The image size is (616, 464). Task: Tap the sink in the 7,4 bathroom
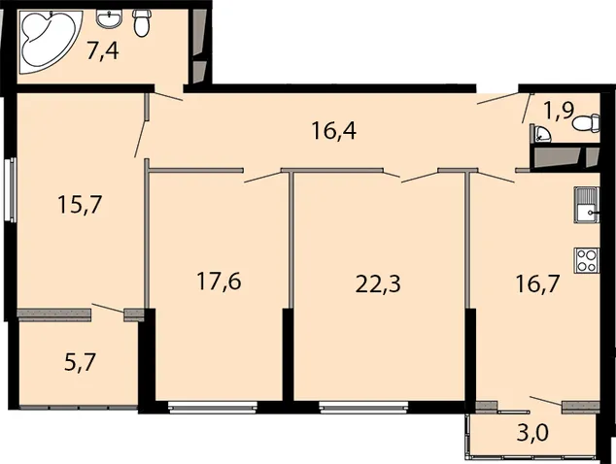click(x=109, y=18)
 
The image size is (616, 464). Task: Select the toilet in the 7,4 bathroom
click(x=141, y=23)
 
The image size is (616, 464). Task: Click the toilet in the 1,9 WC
click(x=586, y=123)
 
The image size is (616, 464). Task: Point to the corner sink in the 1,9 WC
click(x=541, y=134)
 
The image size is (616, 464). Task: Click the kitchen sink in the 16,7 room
click(x=587, y=205)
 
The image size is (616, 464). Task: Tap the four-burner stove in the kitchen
click(x=587, y=260)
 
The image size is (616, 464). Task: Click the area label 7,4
click(x=103, y=51)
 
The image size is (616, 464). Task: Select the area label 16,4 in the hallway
click(x=334, y=131)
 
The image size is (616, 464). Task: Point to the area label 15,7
click(x=80, y=205)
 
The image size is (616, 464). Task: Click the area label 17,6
click(x=219, y=282)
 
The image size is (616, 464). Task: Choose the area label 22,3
click(x=378, y=283)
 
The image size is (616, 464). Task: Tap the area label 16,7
click(x=537, y=283)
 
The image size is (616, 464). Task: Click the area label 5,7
click(x=80, y=362)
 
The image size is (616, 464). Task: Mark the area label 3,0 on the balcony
click(x=533, y=434)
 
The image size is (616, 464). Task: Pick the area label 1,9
click(x=559, y=111)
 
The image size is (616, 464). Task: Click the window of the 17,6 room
click(x=213, y=407)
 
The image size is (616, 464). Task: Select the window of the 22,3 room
click(x=363, y=407)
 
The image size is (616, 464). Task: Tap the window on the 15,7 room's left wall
click(x=13, y=189)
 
